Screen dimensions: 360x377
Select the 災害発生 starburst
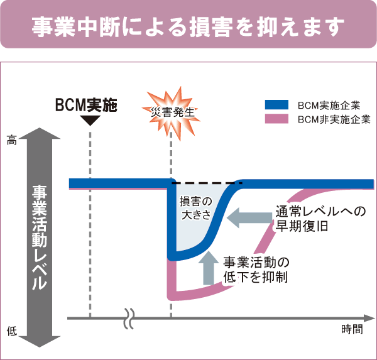[172, 111]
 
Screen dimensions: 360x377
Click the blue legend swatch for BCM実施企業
[276, 105]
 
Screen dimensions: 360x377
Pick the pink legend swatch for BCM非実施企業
[276, 118]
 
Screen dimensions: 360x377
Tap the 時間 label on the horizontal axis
[352, 329]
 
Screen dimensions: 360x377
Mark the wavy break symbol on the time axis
[131, 318]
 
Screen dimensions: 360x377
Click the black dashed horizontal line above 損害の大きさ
[207, 183]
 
